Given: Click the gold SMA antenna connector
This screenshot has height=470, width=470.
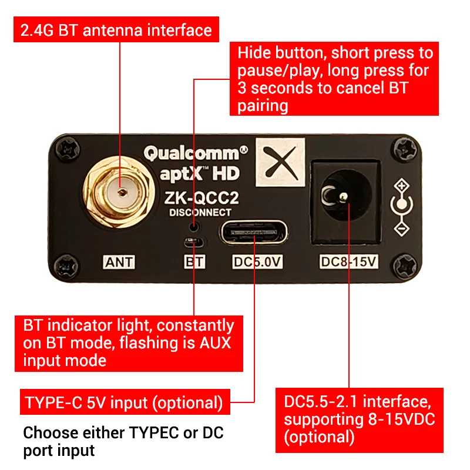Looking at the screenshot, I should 120,191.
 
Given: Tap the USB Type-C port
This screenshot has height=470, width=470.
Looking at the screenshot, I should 254,233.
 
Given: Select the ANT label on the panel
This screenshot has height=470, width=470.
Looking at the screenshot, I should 118,262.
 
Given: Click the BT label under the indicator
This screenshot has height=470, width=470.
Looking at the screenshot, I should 194,262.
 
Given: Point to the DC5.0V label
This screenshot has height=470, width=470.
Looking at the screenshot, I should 255,262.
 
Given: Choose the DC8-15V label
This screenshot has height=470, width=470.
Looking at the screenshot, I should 347,262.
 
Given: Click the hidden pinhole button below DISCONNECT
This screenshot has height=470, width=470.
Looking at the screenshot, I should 194,226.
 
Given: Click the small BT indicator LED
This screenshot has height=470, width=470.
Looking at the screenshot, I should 193,242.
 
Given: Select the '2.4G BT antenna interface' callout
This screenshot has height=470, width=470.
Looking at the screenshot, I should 116,31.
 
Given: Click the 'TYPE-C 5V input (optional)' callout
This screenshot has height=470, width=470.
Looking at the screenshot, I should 124,403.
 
